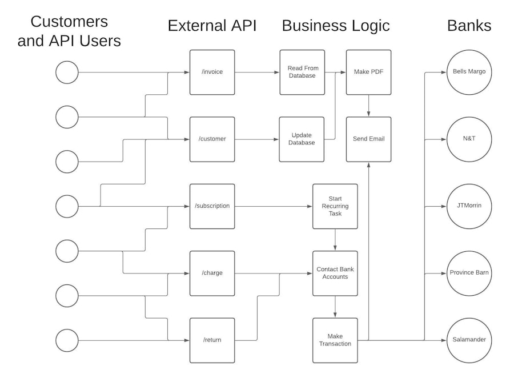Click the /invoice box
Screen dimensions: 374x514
coord(212,73)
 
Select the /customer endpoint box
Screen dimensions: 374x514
coord(212,139)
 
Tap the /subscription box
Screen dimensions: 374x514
coord(212,206)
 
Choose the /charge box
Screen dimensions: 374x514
coord(212,273)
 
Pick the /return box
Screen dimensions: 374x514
coord(212,340)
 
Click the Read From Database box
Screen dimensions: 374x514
coord(302,73)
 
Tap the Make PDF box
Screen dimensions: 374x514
coord(368,73)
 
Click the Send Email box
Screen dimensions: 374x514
coord(368,139)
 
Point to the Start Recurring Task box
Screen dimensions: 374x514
coord(335,206)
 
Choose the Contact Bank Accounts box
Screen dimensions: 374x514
coord(335,273)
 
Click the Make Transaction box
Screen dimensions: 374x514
coord(335,340)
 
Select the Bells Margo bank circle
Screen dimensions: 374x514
coord(468,73)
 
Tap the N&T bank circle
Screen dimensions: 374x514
coord(468,139)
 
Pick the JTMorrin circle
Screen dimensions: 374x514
coord(468,206)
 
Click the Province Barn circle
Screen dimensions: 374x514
coord(468,273)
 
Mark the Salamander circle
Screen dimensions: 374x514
coord(468,340)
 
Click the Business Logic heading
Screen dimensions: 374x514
coord(336,26)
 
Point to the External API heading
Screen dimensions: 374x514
coord(212,26)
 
